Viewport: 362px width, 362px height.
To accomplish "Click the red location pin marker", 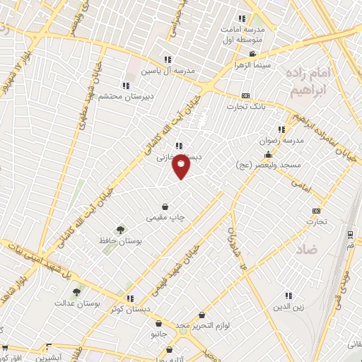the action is coord(182,166).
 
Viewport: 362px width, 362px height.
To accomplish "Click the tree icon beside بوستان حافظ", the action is coord(120,229).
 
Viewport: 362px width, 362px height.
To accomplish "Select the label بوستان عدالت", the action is coord(78,303).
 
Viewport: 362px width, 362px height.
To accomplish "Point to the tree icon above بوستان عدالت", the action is coord(76,291).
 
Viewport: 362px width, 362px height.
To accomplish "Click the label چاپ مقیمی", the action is coord(164,218).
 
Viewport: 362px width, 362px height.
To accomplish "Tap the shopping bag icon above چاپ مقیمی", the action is coord(165,207).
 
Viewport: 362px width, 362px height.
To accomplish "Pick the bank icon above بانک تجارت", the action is coord(245,95).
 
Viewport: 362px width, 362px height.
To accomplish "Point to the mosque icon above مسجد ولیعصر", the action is coord(268,155).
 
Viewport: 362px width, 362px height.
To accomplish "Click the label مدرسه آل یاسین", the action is coord(168,71).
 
